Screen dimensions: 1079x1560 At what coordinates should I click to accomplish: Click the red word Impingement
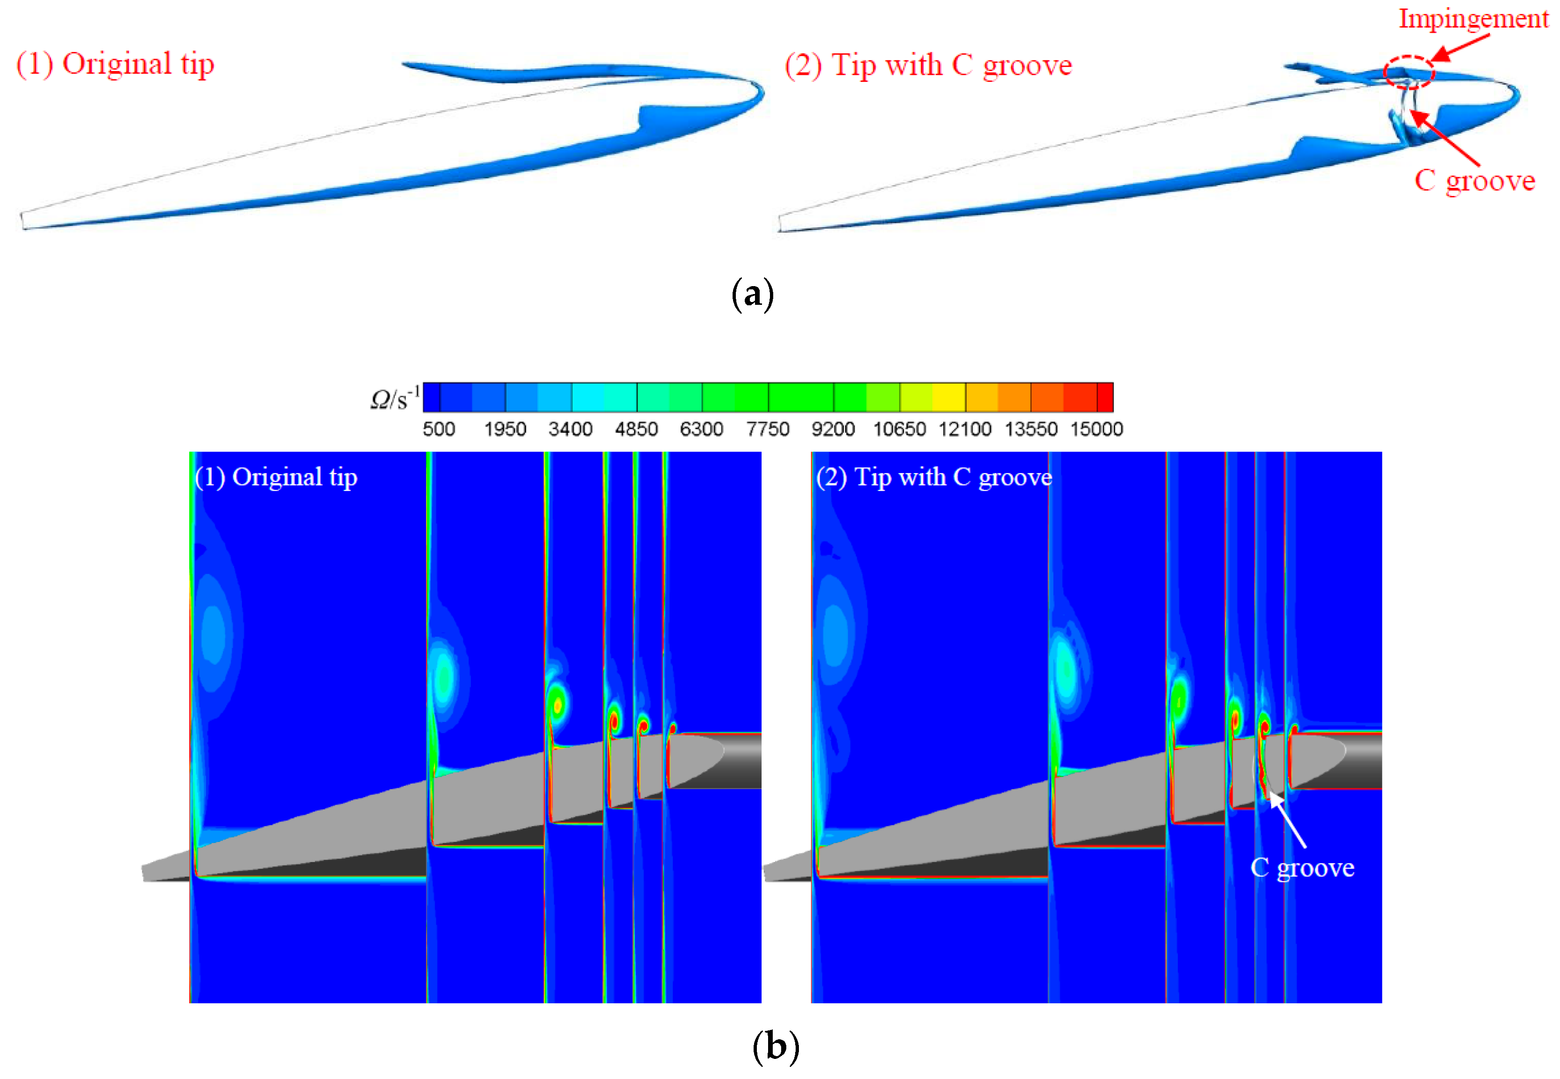[1473, 19]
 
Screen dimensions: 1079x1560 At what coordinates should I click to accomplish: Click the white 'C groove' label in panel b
[1302, 867]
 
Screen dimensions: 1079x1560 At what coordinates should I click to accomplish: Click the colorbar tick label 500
[439, 429]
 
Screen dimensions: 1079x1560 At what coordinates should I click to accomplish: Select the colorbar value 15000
[1096, 429]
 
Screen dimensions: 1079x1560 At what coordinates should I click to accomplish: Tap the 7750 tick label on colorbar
[768, 429]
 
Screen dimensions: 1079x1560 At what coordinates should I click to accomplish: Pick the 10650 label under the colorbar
[898, 429]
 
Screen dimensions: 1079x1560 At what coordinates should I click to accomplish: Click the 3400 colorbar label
[570, 429]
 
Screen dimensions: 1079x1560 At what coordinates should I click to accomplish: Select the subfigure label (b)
[775, 1047]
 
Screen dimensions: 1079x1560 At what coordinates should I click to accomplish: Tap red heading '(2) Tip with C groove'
[927, 65]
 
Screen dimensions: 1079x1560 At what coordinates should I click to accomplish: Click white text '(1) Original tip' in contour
[276, 477]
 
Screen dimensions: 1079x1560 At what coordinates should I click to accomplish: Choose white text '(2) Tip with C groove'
[933, 477]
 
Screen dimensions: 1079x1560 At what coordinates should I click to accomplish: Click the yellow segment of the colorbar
[948, 397]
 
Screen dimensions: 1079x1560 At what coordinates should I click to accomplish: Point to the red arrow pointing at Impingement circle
[1460, 47]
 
